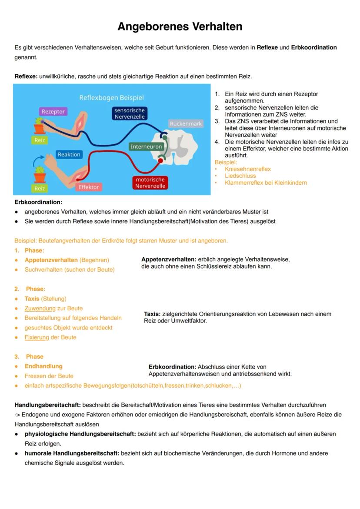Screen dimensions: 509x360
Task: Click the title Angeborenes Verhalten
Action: pyautogui.click(x=180, y=27)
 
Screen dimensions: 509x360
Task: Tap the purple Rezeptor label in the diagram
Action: pyautogui.click(x=53, y=112)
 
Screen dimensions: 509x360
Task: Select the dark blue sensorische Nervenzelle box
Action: pyautogui.click(x=130, y=113)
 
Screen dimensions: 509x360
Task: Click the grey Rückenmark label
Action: pyautogui.click(x=186, y=124)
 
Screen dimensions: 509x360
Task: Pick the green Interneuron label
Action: pyautogui.click(x=146, y=147)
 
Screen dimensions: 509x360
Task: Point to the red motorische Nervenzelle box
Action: pyautogui.click(x=150, y=183)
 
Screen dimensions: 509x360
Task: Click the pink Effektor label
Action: pyautogui.click(x=89, y=187)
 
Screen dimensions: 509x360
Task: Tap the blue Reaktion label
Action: pyautogui.click(x=69, y=155)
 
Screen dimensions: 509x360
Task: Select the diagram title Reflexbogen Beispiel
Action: pyautogui.click(x=111, y=98)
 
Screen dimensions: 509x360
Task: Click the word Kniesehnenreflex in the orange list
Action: pyautogui.click(x=247, y=169)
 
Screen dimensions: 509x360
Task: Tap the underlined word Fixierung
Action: pyautogui.click(x=37, y=337)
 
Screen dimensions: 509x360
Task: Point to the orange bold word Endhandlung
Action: pyautogui.click(x=43, y=366)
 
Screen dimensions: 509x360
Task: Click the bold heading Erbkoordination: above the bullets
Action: pyautogui.click(x=38, y=202)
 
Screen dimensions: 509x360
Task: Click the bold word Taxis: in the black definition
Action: pyautogui.click(x=152, y=314)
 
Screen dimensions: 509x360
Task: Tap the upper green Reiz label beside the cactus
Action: pyautogui.click(x=40, y=140)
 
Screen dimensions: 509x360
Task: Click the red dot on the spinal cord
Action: pyautogui.click(x=160, y=160)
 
